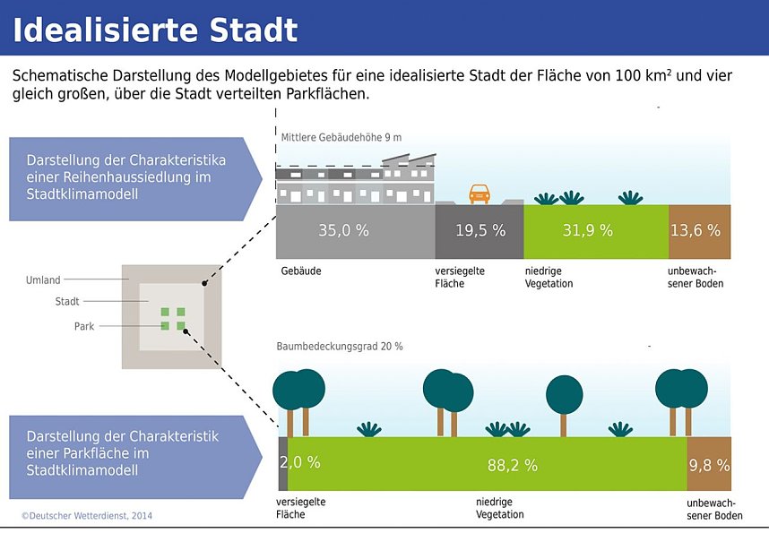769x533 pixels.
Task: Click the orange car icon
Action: point(480,193)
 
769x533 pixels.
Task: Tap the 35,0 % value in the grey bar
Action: point(343,230)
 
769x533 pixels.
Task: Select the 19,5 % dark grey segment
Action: point(480,230)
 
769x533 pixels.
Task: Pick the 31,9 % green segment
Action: point(587,230)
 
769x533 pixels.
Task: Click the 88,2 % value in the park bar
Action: point(512,465)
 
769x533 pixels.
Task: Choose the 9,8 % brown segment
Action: point(709,465)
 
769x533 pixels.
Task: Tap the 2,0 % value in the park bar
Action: point(299,463)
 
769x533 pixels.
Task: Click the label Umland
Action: point(42,280)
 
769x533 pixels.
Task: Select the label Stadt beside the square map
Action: point(67,302)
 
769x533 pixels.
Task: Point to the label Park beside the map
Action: point(83,327)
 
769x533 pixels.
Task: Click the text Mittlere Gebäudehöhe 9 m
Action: point(341,138)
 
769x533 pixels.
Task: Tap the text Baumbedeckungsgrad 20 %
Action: point(340,346)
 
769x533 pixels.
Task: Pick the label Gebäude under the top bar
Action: point(301,271)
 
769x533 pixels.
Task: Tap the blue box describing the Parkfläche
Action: point(125,453)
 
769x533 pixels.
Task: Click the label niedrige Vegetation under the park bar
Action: point(499,508)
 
